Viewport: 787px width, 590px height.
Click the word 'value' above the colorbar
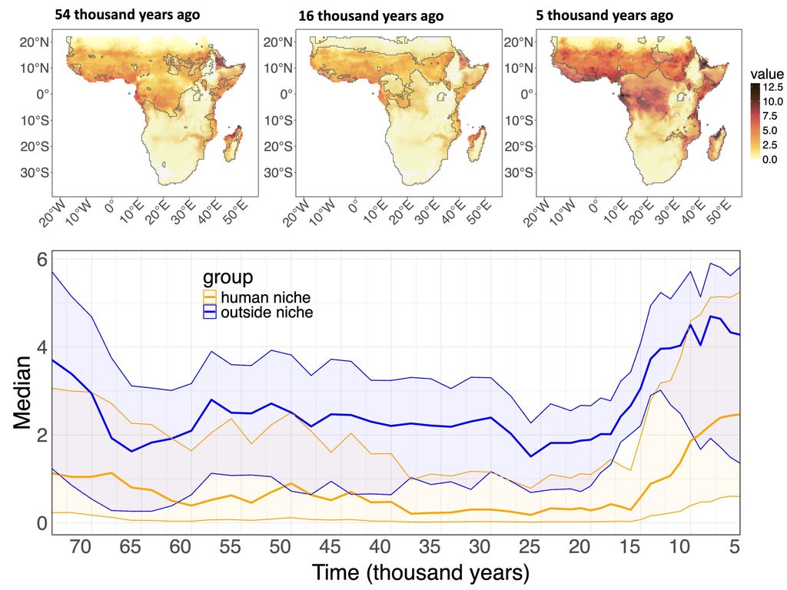tap(765, 74)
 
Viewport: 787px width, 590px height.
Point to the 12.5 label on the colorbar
tap(772, 88)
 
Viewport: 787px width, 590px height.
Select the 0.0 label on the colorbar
tap(770, 159)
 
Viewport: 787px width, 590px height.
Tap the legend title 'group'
tap(227, 277)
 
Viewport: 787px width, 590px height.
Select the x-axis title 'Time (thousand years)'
tap(420, 572)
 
